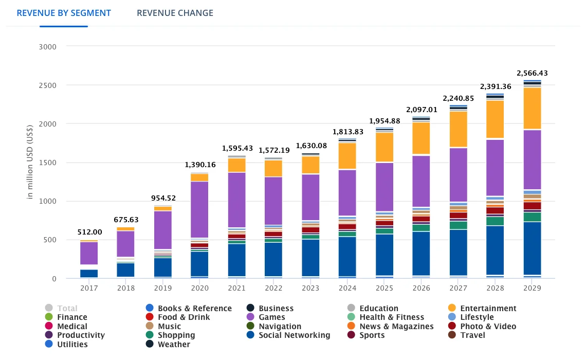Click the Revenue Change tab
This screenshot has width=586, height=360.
click(175, 13)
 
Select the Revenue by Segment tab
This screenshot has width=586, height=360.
click(64, 13)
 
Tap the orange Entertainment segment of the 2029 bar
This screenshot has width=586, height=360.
click(532, 108)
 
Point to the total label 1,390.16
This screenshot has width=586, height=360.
click(199, 165)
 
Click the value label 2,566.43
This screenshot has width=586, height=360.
click(532, 73)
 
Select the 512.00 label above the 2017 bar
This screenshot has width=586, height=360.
click(89, 232)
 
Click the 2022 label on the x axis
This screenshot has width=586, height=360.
click(273, 289)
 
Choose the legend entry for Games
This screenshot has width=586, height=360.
click(271, 317)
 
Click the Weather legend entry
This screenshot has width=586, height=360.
click(174, 345)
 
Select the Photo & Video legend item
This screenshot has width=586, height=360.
click(487, 327)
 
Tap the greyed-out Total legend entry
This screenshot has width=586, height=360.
click(67, 309)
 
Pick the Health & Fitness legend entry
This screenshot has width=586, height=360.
click(391, 317)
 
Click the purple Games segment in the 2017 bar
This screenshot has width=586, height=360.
click(89, 253)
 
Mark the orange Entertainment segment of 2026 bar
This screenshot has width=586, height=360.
click(422, 138)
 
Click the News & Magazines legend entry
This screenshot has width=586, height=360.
click(396, 327)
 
